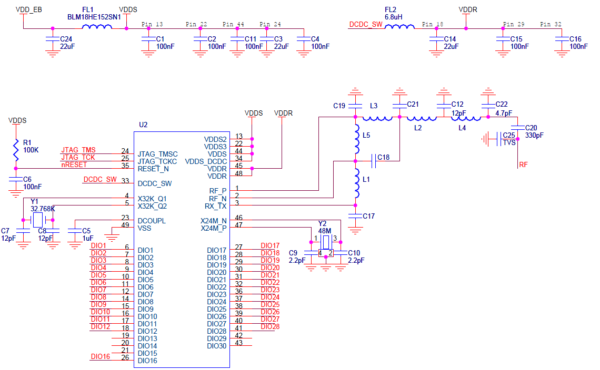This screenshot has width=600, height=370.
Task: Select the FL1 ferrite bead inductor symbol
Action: coord(97,28)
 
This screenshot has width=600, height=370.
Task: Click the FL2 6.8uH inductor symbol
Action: coord(399,28)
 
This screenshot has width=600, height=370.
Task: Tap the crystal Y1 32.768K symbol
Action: coord(37,220)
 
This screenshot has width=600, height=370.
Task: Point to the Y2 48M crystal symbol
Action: coord(326,242)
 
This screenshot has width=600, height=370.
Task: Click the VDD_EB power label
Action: coord(29,9)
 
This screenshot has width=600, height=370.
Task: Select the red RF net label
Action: coord(523,165)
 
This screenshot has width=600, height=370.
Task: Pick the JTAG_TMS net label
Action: coord(78,150)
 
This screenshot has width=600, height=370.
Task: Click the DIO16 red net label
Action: coord(100,357)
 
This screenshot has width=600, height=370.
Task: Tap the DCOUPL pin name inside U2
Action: coord(152,221)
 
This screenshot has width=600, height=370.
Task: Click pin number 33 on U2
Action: coord(125,180)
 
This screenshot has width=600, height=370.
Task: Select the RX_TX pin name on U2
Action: coord(215,206)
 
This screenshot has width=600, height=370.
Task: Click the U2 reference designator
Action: coord(143,125)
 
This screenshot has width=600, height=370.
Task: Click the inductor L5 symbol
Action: coord(357,135)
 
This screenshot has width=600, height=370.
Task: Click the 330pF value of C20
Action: coord(534,136)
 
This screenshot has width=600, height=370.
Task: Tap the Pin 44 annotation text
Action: coord(233,25)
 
